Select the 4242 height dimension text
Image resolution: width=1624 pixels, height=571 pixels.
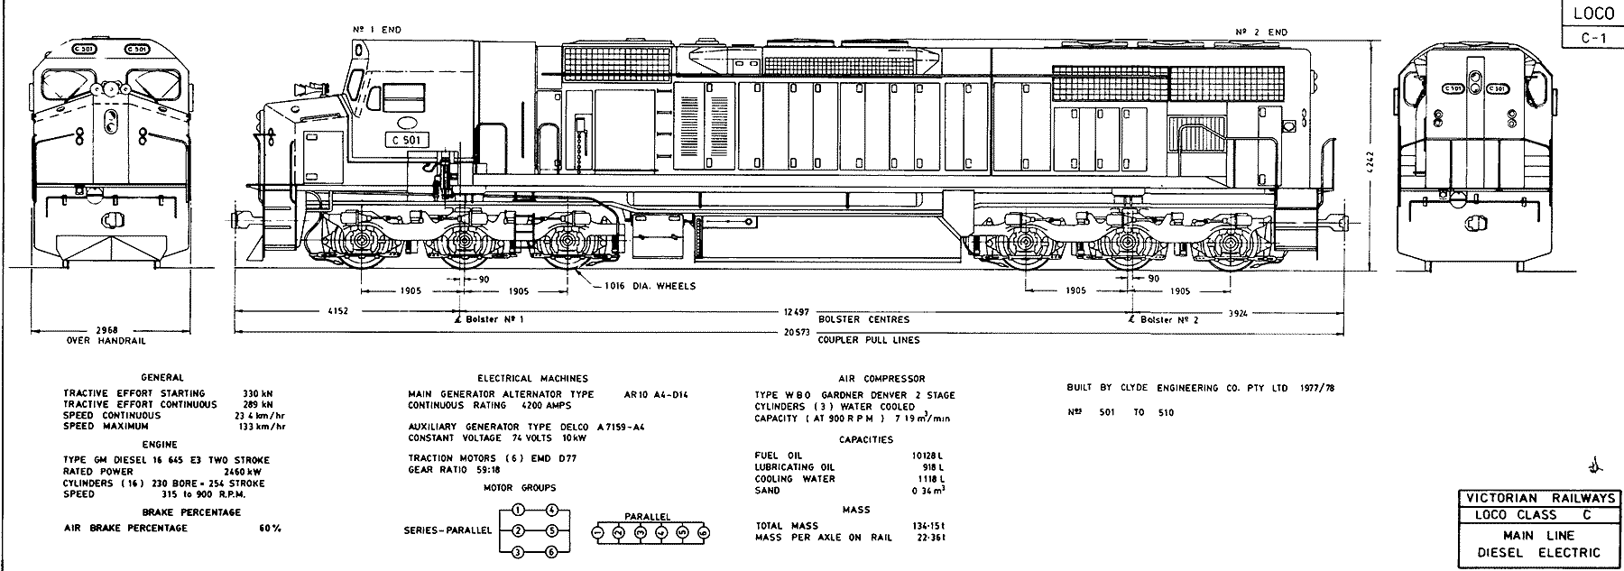(x=1370, y=163)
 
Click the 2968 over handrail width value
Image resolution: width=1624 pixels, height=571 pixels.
(x=106, y=330)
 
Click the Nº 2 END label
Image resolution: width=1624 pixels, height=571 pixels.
(x=1262, y=32)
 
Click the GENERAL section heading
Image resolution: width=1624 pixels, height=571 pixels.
(x=162, y=377)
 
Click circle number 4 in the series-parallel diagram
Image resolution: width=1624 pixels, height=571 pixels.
(x=552, y=510)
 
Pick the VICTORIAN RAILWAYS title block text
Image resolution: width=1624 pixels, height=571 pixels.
(x=1539, y=498)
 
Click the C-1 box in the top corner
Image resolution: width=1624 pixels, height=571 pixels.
(x=1592, y=38)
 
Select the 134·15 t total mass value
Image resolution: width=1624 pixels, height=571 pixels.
(x=927, y=526)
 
